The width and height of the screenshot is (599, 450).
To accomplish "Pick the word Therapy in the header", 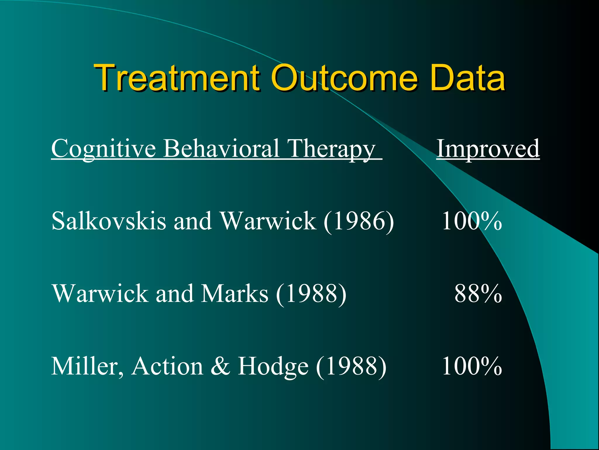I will (331, 149).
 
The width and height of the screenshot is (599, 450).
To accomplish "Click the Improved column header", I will (488, 149).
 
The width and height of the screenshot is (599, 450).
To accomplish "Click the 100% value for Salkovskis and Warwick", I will (471, 221).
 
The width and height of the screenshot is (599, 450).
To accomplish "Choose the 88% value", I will (478, 294).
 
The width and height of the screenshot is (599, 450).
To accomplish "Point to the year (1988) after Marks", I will (311, 294).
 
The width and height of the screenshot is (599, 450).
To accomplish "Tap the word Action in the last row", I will (167, 366).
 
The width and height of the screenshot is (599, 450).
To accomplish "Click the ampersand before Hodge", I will (220, 366).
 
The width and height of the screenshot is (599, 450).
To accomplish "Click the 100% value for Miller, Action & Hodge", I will (471, 366).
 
